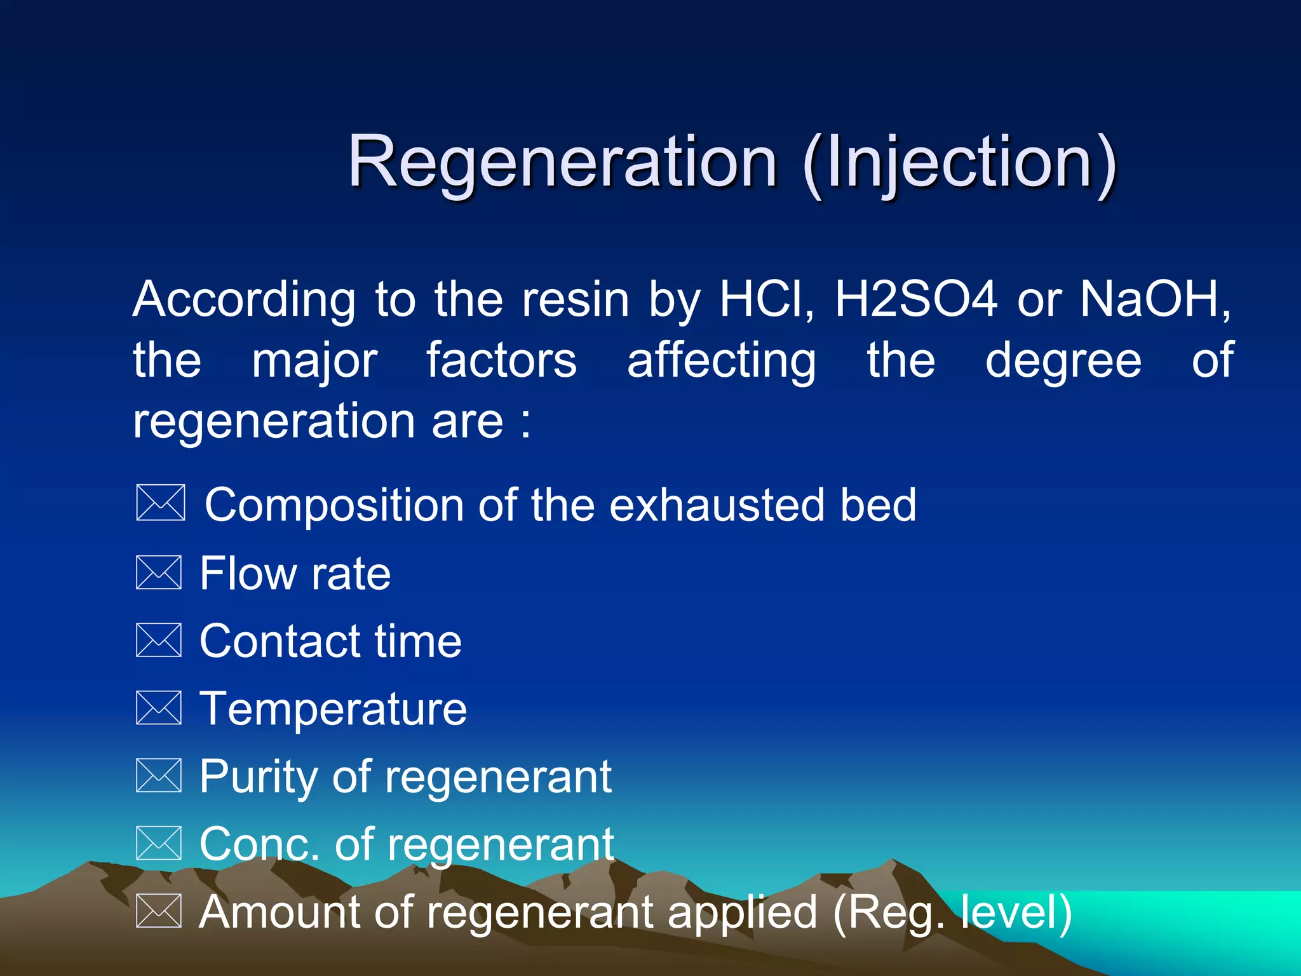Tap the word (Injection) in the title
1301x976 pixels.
tap(959, 164)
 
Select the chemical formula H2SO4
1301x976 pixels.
tap(915, 299)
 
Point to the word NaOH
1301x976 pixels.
tap(1154, 299)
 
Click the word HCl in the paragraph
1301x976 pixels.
tap(765, 299)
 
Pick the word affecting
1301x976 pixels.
tap(721, 361)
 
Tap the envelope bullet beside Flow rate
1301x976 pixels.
tap(159, 573)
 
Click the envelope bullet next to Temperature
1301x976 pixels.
tap(159, 708)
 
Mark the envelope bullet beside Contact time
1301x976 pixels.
tap(159, 640)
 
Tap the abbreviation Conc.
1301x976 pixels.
tap(259, 844)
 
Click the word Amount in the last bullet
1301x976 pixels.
tap(280, 912)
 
